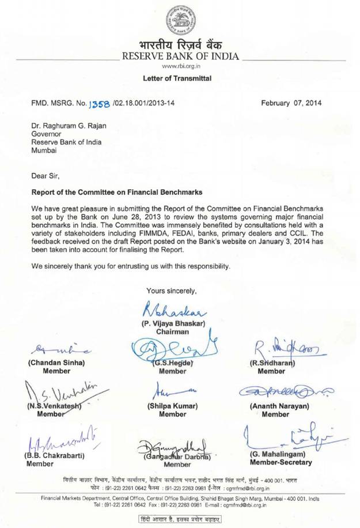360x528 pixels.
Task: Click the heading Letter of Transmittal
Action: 180,78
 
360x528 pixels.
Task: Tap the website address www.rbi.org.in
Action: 180,67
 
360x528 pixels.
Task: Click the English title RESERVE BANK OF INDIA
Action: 180,56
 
